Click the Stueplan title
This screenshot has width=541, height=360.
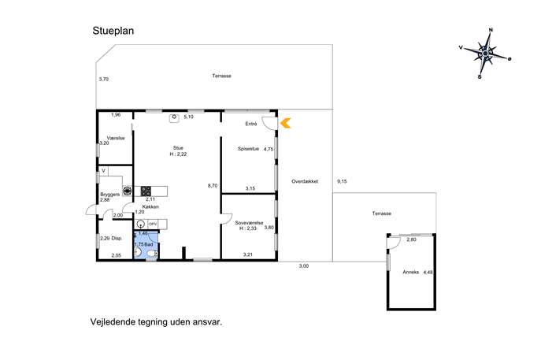click(113, 31)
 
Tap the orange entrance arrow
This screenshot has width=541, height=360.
click(286, 123)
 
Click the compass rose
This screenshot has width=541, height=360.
click(486, 54)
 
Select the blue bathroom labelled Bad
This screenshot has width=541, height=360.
click(146, 245)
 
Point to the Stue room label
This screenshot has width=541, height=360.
click(179, 148)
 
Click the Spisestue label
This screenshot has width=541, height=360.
click(248, 149)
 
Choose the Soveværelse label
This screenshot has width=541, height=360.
click(249, 223)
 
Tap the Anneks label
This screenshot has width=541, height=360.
click(410, 272)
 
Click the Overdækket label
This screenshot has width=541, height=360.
click(305, 181)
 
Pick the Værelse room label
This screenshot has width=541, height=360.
click(116, 138)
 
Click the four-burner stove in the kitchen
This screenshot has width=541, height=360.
click(146, 191)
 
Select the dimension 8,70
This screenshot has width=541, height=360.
click(213, 186)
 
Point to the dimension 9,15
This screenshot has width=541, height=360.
click(342, 181)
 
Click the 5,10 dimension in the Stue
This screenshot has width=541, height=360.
click(189, 117)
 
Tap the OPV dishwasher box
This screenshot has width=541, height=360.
click(153, 224)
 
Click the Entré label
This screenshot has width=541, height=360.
click(251, 124)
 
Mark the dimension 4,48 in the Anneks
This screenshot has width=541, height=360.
click(428, 272)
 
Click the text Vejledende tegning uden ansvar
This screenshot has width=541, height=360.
click(156, 322)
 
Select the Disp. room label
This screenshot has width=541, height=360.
click(117, 238)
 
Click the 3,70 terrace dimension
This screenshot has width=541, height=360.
click(104, 79)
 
